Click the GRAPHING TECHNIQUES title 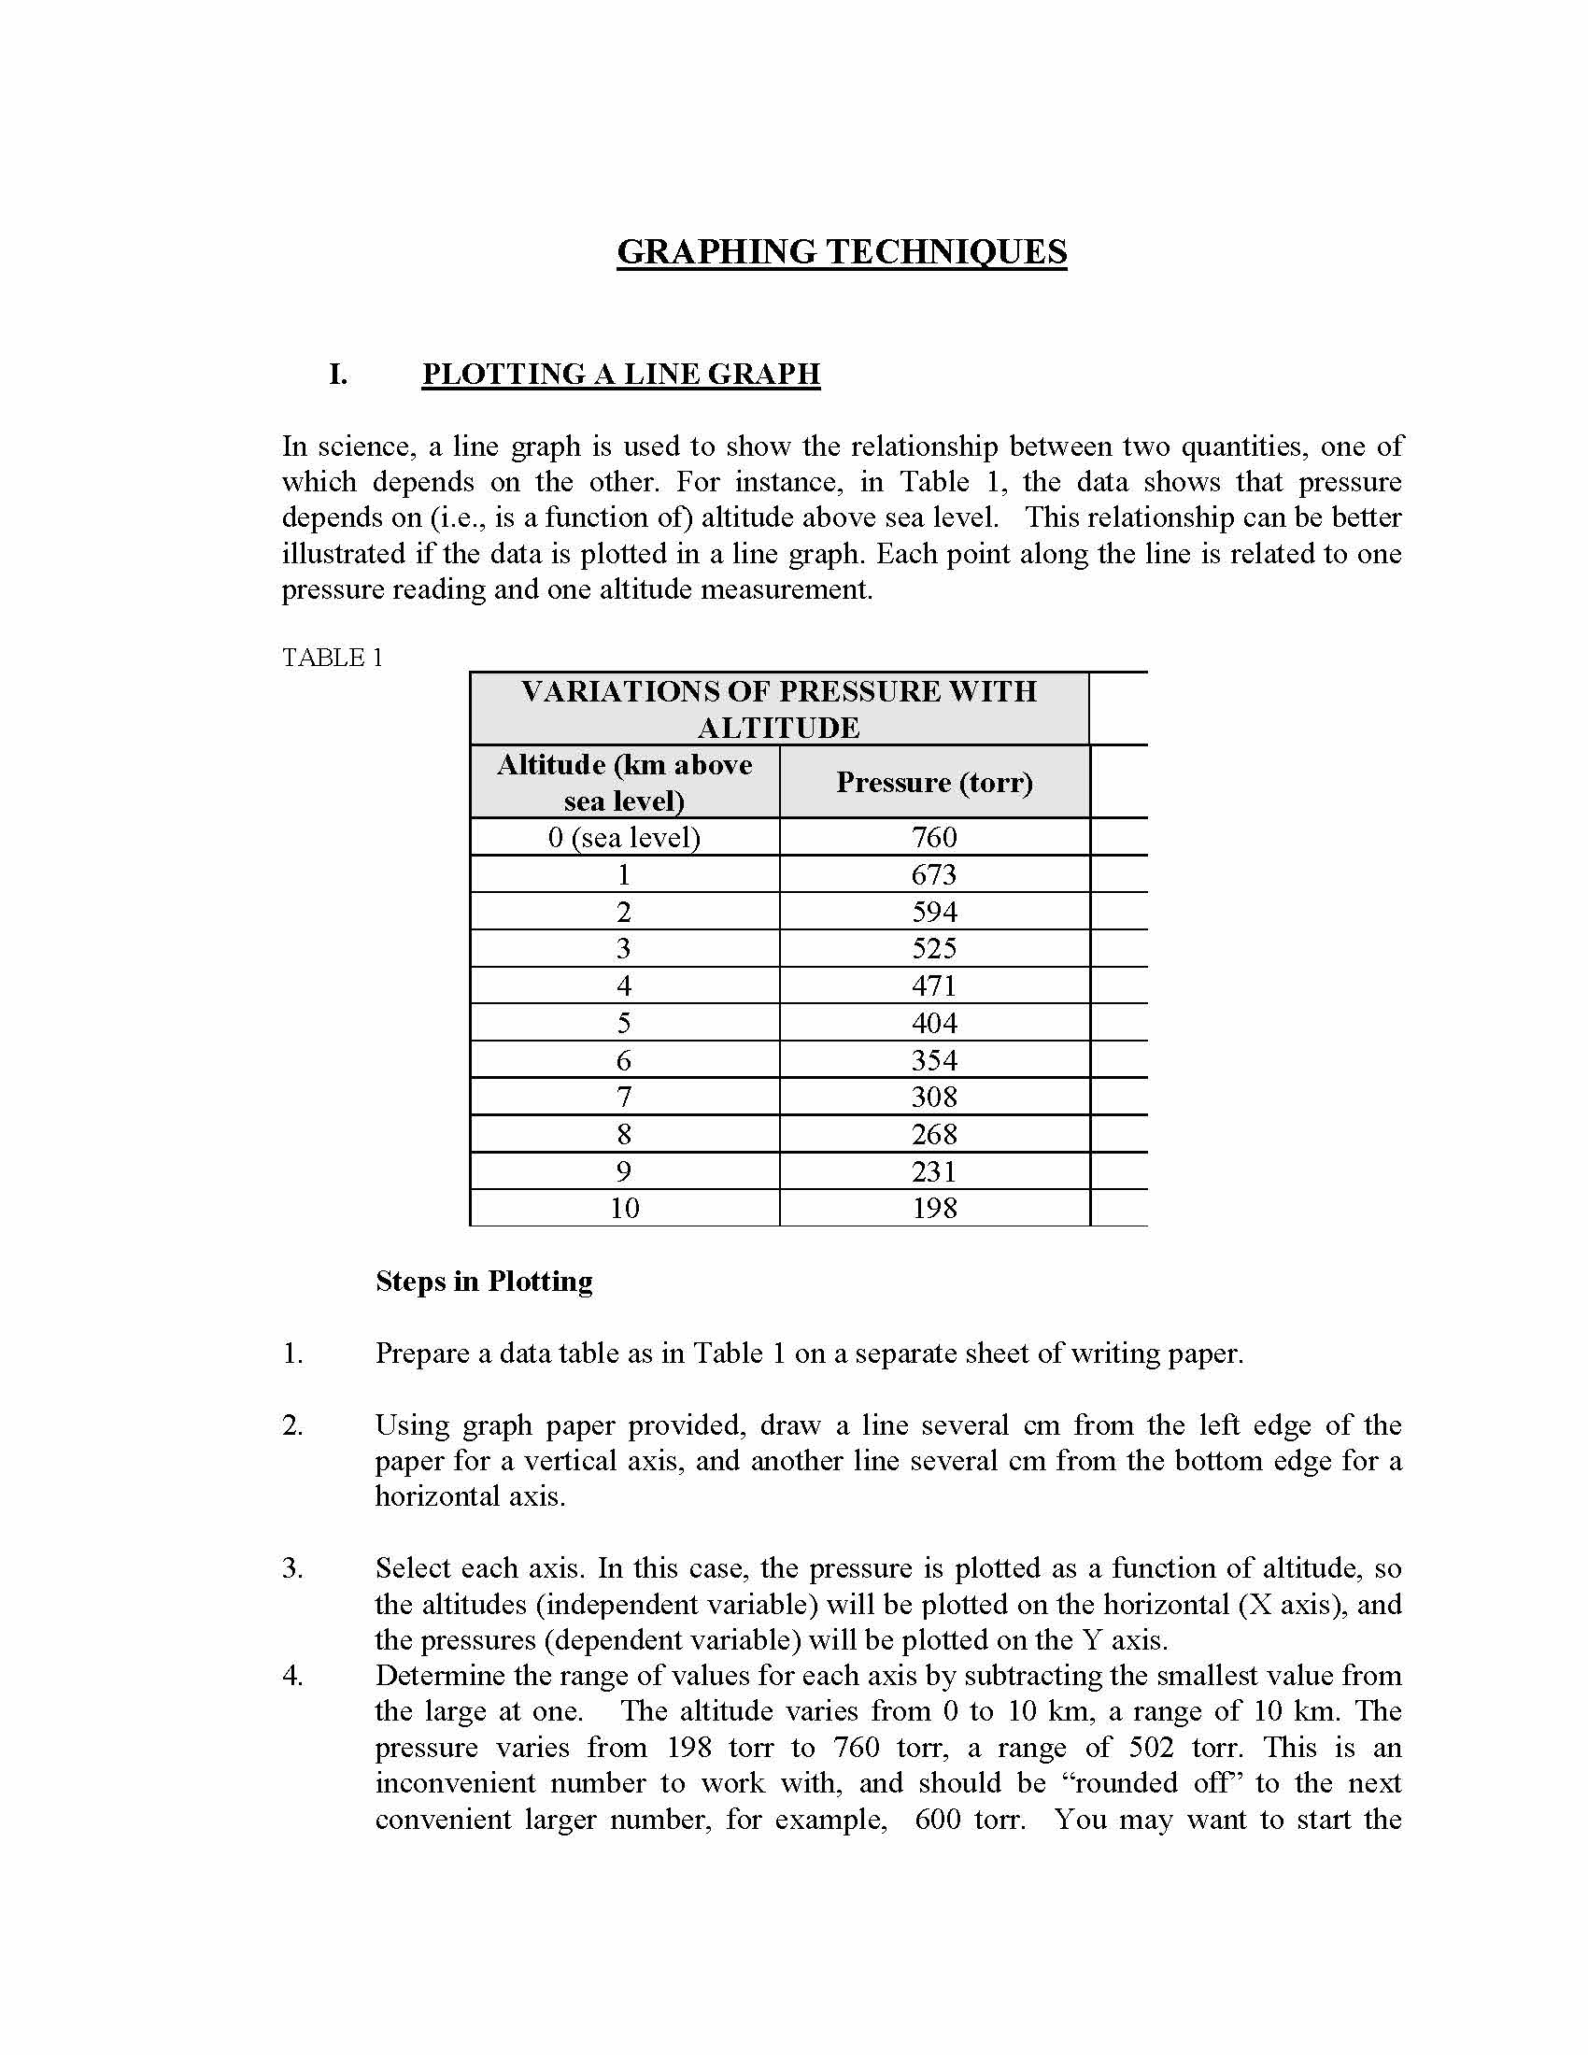(x=841, y=252)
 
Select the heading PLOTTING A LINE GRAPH (x=621, y=374)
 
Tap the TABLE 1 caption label (x=333, y=658)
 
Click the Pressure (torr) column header (x=934, y=782)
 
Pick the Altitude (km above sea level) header (x=624, y=782)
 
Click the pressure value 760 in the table (x=934, y=838)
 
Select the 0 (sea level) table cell (x=624, y=838)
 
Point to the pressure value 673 (x=934, y=875)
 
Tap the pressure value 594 (x=934, y=912)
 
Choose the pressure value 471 (x=934, y=986)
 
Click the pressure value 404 (x=934, y=1023)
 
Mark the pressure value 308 (x=934, y=1098)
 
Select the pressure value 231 (x=934, y=1171)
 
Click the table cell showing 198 (x=934, y=1208)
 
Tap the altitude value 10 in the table (x=624, y=1208)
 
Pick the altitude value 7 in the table (x=624, y=1098)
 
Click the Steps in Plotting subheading (x=484, y=1282)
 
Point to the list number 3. (x=292, y=1568)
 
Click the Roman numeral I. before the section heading (x=338, y=374)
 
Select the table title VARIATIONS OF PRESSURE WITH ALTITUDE (x=779, y=710)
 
